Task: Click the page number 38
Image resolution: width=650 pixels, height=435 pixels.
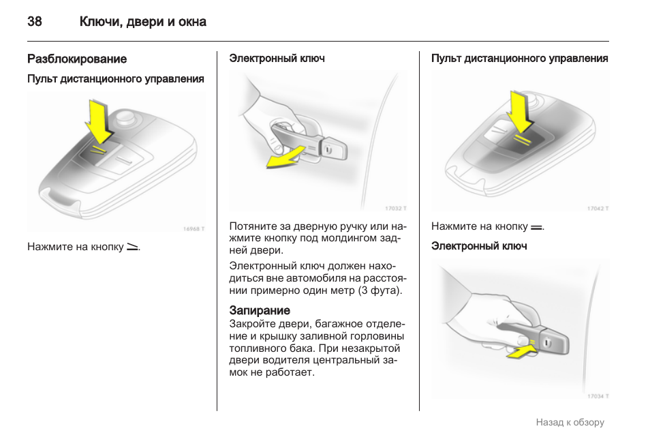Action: click(x=34, y=22)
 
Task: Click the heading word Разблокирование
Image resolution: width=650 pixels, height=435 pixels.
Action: click(x=77, y=59)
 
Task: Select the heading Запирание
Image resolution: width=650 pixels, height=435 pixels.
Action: click(x=260, y=310)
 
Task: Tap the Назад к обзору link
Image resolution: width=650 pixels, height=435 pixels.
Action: click(x=570, y=422)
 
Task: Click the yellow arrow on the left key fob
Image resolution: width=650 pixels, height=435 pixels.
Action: click(x=99, y=123)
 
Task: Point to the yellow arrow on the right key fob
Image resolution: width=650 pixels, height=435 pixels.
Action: click(x=521, y=112)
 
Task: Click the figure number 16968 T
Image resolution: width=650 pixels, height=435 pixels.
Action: click(x=194, y=229)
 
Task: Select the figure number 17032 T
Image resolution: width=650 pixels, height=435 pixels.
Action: click(x=396, y=208)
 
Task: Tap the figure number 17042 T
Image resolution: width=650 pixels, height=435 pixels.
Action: click(x=598, y=208)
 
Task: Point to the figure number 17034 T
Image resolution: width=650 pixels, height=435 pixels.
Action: click(x=598, y=395)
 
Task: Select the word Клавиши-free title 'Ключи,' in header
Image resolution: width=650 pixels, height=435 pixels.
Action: click(x=100, y=22)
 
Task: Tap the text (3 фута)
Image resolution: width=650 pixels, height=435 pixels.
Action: click(x=381, y=290)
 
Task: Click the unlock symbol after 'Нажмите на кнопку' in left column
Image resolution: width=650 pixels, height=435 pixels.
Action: click(x=132, y=246)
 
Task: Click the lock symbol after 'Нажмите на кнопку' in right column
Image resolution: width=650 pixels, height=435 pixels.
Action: click(x=536, y=226)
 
